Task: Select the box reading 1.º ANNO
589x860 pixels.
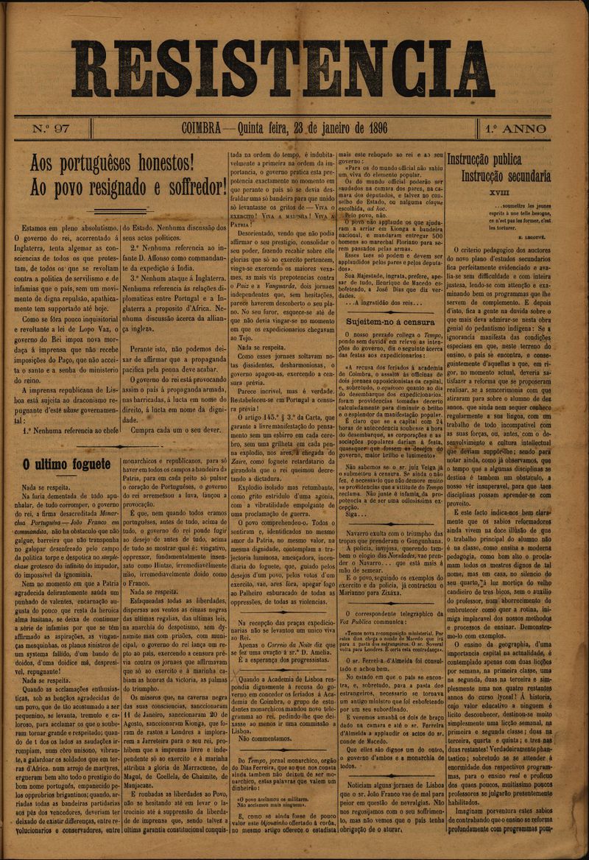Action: pyautogui.click(x=515, y=130)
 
